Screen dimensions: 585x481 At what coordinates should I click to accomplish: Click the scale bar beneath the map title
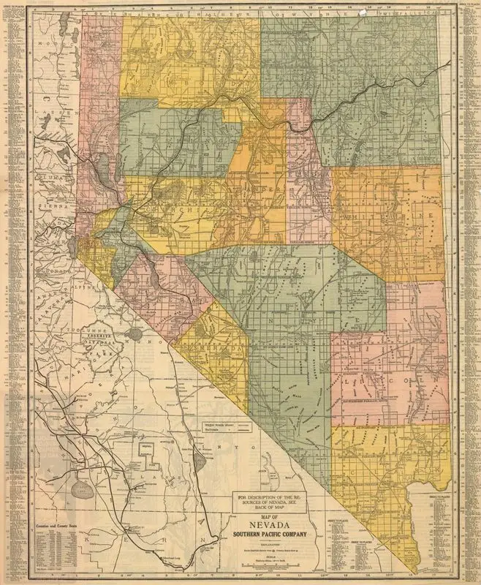pyautogui.click(x=273, y=567)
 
